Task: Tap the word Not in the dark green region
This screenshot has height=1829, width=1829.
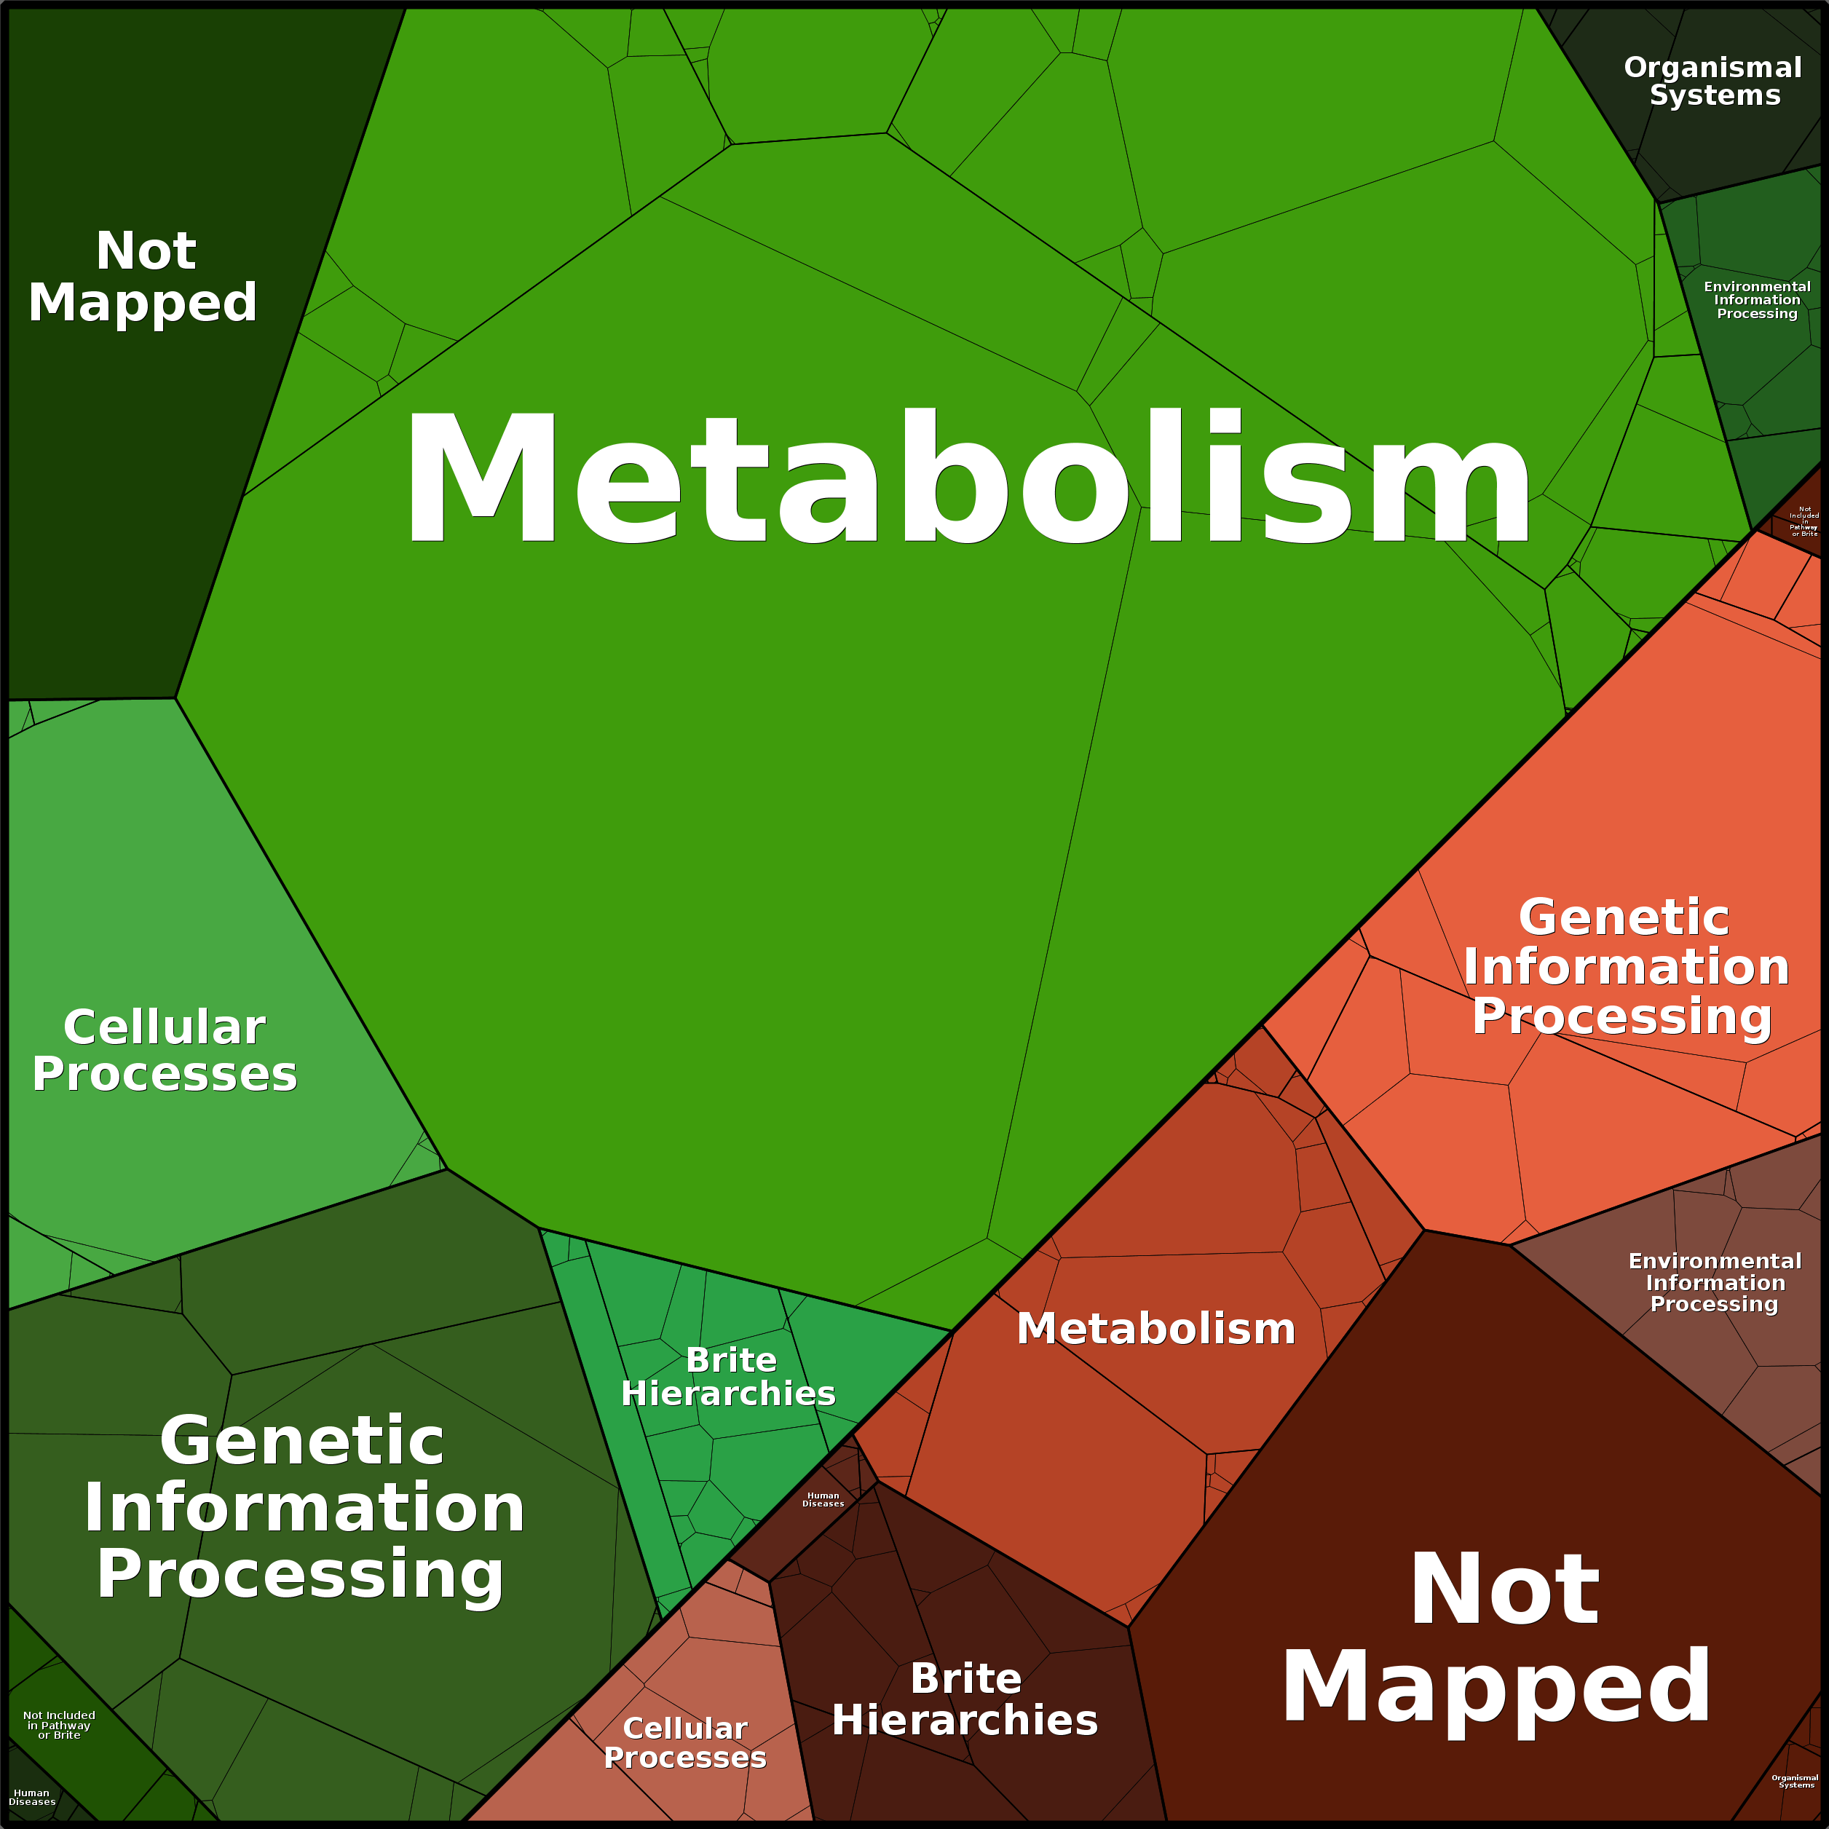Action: click(x=146, y=251)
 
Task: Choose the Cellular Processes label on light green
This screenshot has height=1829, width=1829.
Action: click(x=165, y=1051)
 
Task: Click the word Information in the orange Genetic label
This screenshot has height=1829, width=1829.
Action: click(x=1625, y=968)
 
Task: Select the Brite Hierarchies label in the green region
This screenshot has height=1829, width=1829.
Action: click(x=728, y=1377)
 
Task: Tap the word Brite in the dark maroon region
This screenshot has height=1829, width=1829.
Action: click(x=965, y=1678)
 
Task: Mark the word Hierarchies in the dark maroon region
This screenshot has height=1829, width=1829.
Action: click(x=965, y=1720)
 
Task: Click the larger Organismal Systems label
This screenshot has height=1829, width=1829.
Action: click(x=1713, y=82)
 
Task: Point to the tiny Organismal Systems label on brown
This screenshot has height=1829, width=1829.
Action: click(x=1796, y=1781)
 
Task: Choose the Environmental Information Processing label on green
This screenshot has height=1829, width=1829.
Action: click(x=1757, y=300)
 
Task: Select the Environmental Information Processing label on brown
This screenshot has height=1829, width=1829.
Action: click(x=1715, y=1283)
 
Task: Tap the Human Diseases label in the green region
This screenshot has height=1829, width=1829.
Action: click(x=32, y=1797)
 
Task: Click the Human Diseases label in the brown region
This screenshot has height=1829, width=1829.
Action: click(x=823, y=1500)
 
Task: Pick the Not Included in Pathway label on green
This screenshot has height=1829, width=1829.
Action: click(x=59, y=1725)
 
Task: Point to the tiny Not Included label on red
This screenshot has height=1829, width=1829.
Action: click(x=1804, y=521)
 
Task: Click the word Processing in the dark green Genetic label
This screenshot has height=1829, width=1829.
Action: click(x=300, y=1573)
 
